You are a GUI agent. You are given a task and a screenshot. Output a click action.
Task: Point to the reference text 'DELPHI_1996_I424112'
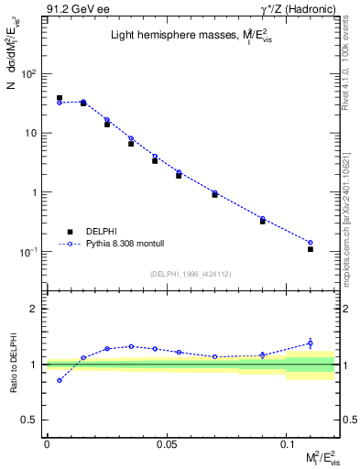(191, 274)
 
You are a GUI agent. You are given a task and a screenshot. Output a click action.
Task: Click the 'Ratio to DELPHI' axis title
(15, 365)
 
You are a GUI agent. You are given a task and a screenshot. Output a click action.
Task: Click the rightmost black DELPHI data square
(311, 249)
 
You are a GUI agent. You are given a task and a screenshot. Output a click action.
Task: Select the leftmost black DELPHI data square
(60, 98)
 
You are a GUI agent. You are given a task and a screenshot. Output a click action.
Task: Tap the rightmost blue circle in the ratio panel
(311, 344)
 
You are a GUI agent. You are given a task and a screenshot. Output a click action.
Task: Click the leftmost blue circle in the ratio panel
(60, 380)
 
